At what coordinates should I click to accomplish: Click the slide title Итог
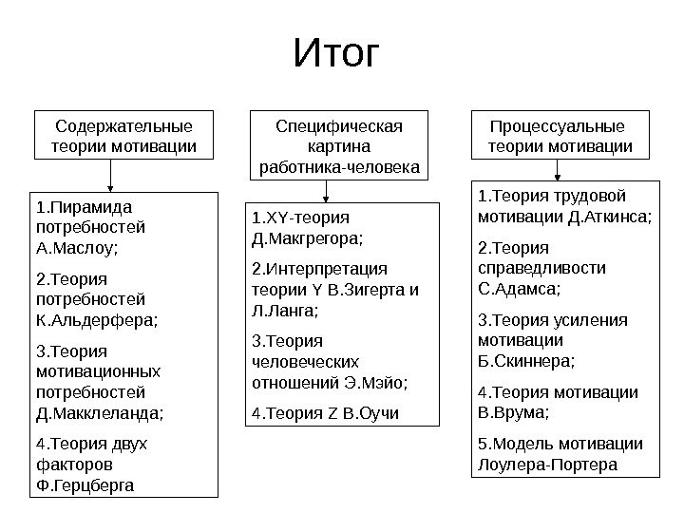pyautogui.click(x=336, y=56)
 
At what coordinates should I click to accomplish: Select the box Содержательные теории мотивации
pyautogui.click(x=123, y=137)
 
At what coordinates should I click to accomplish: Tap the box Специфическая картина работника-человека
pyautogui.click(x=339, y=147)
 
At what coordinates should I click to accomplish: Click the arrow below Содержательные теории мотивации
pyautogui.click(x=112, y=176)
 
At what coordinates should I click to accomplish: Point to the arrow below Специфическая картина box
pyautogui.click(x=326, y=192)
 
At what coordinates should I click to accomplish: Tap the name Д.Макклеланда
pyautogui.click(x=99, y=413)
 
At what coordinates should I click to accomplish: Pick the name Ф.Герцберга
pyautogui.click(x=84, y=485)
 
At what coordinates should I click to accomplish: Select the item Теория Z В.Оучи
pyautogui.click(x=325, y=413)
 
